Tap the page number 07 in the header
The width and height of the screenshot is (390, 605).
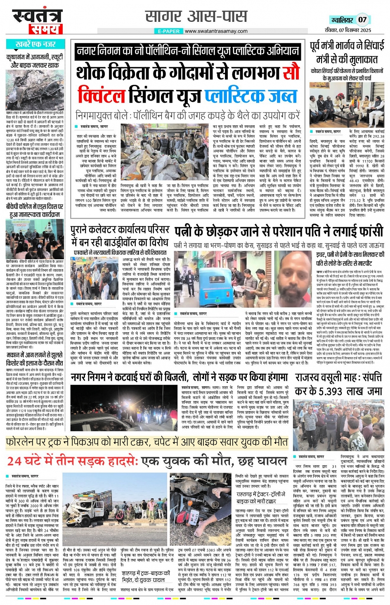[x=362, y=19]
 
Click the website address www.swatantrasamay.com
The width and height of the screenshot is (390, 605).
[x=216, y=31]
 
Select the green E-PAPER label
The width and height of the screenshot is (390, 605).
[x=169, y=31]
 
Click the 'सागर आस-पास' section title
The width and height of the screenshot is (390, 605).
[x=196, y=16]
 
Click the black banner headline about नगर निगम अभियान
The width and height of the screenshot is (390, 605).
[x=188, y=51]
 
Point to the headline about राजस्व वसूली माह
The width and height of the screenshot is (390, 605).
[x=338, y=384]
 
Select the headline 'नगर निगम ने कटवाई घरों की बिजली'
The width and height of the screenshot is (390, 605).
[x=179, y=377]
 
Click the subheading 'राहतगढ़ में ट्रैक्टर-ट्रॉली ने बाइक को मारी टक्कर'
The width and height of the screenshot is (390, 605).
[x=261, y=497]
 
